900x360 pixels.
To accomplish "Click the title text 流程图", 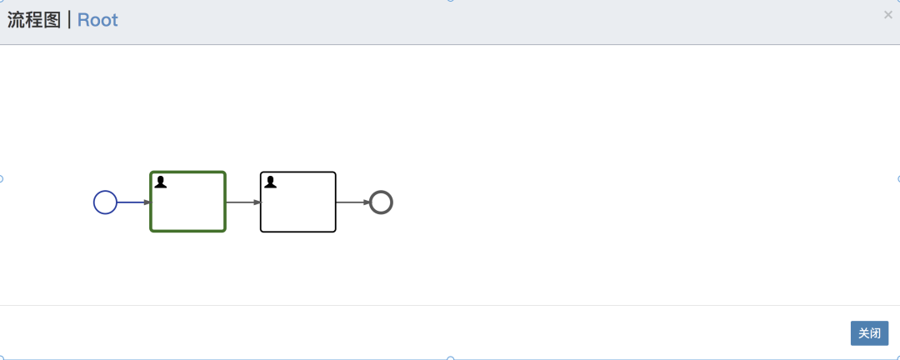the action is [34, 20].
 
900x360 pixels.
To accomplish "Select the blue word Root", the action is [97, 20].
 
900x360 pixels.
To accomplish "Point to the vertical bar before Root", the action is [69, 20].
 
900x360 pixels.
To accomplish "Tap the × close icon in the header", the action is [888, 15].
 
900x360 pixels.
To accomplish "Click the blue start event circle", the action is [105, 191].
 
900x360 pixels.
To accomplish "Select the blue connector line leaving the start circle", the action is [134, 202].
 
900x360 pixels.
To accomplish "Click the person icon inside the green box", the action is [161, 182].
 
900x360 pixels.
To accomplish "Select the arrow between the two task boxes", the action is [244, 202].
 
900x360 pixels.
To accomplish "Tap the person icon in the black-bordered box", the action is [270, 182].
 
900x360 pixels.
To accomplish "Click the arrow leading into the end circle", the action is [353, 202].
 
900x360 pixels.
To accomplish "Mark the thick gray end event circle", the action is [381, 191].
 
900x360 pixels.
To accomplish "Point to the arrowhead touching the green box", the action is [147, 202].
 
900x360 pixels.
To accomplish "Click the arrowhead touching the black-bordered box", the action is [257, 202].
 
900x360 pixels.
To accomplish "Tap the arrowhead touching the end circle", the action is [367, 202].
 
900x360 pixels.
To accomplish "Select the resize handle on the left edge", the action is [1, 179].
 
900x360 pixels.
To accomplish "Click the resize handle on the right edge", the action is [898, 179].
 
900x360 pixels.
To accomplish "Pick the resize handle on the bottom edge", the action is [451, 358].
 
